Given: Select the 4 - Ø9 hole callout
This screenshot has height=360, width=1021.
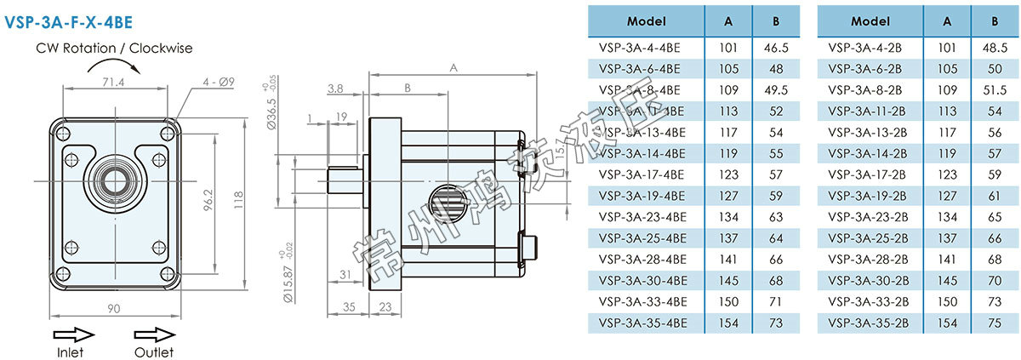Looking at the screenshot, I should [219, 83].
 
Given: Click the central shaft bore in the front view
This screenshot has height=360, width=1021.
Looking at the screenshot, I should [112, 180].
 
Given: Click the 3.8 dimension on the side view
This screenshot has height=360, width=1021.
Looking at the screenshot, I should [334, 88].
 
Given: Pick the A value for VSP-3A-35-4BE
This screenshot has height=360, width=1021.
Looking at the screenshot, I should [727, 323].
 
